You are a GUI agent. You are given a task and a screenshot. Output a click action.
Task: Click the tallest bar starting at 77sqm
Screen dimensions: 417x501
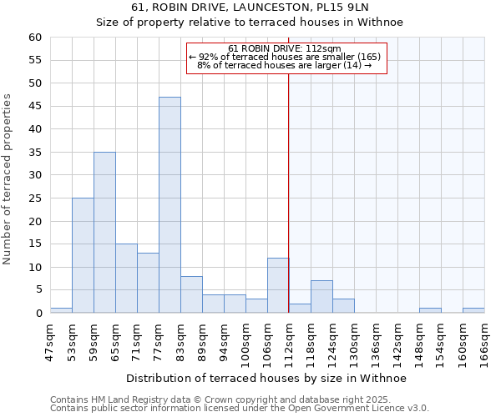click(x=170, y=205)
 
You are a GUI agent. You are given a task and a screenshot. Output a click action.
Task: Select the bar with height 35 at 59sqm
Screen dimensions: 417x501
click(x=104, y=233)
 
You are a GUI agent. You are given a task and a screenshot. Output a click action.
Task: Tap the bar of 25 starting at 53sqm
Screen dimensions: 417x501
click(x=83, y=255)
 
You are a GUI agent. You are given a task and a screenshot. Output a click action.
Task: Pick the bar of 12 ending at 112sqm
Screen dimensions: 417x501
click(x=278, y=285)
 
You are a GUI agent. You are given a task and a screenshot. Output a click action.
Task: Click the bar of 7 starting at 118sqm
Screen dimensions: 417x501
click(x=321, y=297)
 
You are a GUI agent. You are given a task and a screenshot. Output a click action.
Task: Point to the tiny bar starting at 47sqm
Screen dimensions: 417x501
click(x=61, y=310)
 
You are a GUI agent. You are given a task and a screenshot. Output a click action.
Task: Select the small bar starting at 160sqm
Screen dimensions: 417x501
click(x=473, y=310)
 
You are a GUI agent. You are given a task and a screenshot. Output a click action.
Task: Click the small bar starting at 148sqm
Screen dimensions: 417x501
click(x=430, y=310)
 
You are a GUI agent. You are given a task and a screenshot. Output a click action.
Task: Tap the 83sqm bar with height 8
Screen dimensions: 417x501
click(x=191, y=294)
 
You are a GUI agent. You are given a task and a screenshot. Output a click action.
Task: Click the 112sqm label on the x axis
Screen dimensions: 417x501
click(x=289, y=340)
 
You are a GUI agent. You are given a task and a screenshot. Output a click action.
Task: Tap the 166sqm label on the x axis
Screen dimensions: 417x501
click(x=484, y=340)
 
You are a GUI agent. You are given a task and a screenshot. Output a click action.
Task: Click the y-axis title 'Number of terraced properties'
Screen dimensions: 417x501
click(x=8, y=178)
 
